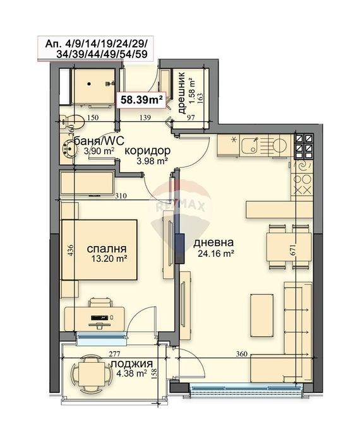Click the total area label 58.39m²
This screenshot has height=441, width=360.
141,100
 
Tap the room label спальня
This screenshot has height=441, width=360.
106,249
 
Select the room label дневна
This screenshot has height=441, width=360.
213,242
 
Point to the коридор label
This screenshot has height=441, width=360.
147,151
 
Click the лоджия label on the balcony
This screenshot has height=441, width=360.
132,364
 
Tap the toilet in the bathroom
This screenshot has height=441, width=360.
72,122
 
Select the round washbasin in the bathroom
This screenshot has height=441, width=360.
68,148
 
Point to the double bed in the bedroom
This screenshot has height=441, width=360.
99,250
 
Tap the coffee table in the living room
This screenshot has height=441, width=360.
261,315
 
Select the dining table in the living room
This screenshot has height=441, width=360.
289,247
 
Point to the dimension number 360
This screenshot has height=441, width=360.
241,353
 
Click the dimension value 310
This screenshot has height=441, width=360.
121,196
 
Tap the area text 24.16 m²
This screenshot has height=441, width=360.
216,254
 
